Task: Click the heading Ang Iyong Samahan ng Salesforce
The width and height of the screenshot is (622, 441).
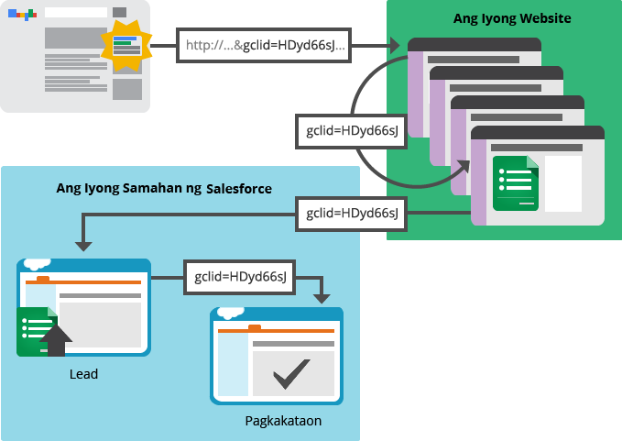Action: point(163,189)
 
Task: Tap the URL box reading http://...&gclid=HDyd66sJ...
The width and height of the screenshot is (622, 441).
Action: point(265,44)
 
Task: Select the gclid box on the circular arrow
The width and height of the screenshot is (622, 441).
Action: point(353,131)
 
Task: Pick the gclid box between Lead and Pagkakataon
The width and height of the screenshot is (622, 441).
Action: point(240,275)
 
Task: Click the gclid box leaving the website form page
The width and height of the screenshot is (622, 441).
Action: point(352,214)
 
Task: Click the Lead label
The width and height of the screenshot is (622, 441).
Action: point(83,374)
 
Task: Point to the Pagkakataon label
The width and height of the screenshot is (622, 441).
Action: point(283,421)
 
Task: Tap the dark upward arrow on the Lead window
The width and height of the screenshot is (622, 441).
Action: point(56,340)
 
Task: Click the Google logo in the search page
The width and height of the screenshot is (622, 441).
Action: point(22,15)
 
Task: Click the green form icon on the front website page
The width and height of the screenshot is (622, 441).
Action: point(515,182)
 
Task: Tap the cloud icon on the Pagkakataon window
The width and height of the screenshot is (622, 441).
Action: point(230,311)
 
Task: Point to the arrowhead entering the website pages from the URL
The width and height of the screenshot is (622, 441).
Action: point(395,44)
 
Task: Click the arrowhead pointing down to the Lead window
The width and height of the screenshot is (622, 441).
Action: point(83,245)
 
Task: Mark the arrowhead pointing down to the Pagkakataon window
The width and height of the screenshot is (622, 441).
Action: point(321,297)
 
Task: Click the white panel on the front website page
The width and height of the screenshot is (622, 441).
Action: point(563,182)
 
